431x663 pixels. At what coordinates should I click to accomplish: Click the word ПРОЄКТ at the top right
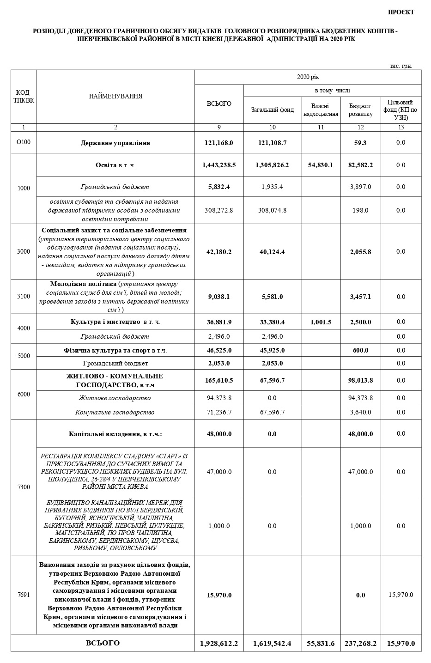click(401, 12)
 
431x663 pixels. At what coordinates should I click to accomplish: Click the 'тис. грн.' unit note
click(401, 66)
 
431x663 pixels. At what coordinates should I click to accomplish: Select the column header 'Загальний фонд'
click(272, 110)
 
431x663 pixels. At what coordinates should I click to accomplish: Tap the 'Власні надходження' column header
click(321, 110)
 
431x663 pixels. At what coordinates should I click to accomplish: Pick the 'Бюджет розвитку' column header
click(360, 110)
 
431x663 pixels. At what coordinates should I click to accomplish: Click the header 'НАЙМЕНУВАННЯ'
click(115, 97)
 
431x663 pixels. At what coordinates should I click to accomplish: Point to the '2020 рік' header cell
click(308, 77)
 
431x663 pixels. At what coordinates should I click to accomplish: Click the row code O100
click(23, 142)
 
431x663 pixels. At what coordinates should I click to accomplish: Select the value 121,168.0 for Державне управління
click(219, 143)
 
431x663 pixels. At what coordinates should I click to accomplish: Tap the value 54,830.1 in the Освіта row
click(321, 165)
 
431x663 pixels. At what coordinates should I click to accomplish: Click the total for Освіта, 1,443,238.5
click(219, 165)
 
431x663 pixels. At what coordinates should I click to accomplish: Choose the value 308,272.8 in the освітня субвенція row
click(219, 210)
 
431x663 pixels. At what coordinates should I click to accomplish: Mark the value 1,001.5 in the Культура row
click(321, 322)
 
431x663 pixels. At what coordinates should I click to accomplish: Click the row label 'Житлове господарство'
click(115, 398)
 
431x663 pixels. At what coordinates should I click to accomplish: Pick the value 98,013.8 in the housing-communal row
click(360, 380)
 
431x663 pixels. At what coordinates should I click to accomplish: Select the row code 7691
click(23, 595)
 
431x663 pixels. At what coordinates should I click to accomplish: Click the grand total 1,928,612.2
click(219, 643)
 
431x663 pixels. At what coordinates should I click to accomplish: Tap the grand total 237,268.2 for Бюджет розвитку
click(360, 643)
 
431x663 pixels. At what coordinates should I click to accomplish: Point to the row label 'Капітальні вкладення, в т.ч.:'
click(115, 434)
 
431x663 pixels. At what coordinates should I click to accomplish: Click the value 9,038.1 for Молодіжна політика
click(219, 297)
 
